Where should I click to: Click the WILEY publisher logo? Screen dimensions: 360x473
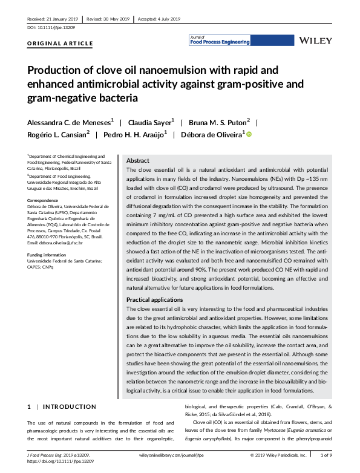316,41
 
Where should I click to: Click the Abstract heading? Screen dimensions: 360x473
137,161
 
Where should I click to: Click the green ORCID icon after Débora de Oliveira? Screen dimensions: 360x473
249,134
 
